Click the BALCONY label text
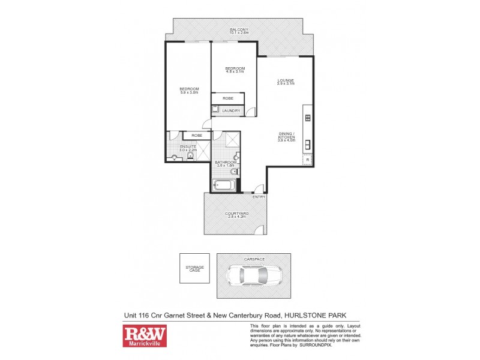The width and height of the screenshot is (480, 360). pos(239,29)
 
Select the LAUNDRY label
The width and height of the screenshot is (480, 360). pos(231,111)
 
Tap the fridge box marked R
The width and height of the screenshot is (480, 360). pos(307,160)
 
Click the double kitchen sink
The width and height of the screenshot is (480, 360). pos(307,144)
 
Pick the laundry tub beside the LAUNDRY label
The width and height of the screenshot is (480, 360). pos(215,110)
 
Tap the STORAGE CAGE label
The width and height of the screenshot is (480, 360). pos(194,269)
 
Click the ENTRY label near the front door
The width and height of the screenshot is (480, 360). pos(259,197)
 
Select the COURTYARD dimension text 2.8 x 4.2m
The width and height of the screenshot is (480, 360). pos(235,217)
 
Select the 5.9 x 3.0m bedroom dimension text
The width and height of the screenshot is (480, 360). pos(188,92)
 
